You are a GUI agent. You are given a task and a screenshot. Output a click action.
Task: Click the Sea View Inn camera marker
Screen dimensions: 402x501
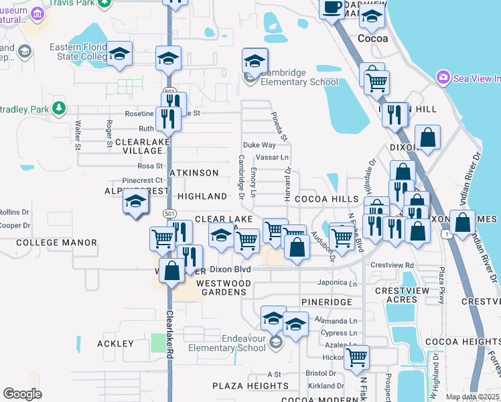pos(443,78)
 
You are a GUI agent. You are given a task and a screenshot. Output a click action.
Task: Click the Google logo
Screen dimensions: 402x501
pos(22,393)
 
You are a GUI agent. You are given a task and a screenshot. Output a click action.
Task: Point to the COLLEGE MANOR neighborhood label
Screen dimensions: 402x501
pos(52,242)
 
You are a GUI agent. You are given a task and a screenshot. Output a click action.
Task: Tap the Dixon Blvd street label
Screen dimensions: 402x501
pos(230,269)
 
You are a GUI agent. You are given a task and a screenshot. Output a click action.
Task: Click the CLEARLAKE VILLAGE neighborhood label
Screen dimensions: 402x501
pos(139,147)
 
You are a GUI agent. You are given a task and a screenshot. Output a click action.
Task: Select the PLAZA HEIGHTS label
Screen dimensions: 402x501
pos(241,386)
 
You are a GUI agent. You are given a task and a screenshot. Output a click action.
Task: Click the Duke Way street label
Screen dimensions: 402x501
pos(259,145)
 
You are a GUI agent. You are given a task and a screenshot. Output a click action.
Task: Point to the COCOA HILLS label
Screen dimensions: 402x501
pos(327,199)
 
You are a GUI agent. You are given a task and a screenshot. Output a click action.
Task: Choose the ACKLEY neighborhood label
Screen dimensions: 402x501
pos(116,344)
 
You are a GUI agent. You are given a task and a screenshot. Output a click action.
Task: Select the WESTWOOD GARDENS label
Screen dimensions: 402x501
pos(222,287)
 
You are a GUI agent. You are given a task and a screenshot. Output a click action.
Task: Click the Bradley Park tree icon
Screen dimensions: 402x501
pos(60,107)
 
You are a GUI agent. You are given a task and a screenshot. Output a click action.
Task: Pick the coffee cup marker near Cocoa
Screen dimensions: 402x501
pos(331,8)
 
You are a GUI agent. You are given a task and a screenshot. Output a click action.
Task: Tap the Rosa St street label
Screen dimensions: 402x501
pos(150,165)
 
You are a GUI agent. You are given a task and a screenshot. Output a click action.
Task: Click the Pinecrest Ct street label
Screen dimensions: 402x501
pos(143,180)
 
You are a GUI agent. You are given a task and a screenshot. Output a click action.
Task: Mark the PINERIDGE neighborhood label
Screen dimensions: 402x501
pos(326,302)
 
